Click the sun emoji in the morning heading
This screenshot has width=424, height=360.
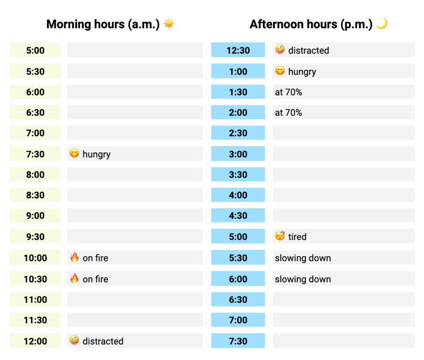(169, 24)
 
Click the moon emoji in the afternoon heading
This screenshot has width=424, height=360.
(381, 24)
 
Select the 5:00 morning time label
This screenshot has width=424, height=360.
(35, 50)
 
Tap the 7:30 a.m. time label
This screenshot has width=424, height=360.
(35, 154)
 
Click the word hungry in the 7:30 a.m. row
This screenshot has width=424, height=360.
(96, 154)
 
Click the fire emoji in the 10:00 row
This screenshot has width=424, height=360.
(75, 257)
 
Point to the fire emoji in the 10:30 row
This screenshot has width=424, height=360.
(75, 278)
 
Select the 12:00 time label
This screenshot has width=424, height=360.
(35, 341)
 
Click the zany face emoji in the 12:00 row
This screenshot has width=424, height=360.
(75, 341)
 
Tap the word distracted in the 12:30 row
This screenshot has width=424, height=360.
(308, 50)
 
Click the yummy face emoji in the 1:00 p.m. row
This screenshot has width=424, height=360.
(280, 71)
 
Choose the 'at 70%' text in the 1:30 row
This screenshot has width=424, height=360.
(288, 92)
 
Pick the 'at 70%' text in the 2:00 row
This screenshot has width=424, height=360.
(288, 113)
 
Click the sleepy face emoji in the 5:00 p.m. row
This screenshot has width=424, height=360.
(280, 236)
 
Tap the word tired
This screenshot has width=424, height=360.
(297, 237)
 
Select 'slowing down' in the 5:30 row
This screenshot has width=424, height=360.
(303, 258)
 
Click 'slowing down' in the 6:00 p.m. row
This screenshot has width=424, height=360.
(303, 279)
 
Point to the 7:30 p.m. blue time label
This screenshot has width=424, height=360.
(238, 341)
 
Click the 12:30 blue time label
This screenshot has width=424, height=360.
(238, 50)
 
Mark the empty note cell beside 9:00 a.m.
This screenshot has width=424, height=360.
(135, 216)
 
